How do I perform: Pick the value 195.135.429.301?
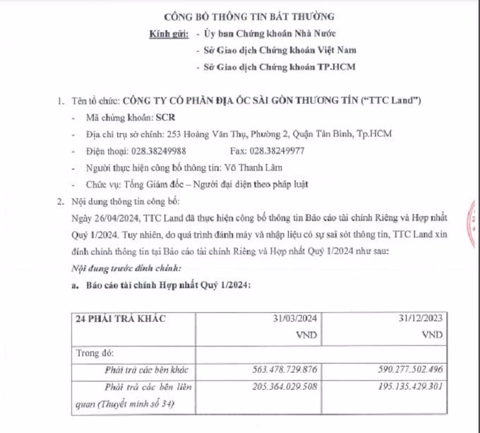405,386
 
